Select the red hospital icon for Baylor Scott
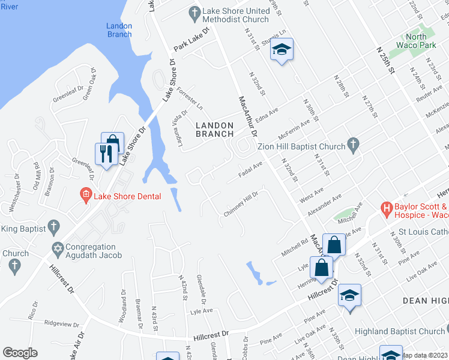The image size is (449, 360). [x=387, y=209]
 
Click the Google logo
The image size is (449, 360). [x=20, y=353]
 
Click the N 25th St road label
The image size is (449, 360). [x=385, y=59]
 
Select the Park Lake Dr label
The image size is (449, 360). [x=191, y=37]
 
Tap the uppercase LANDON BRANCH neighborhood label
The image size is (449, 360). [x=215, y=129]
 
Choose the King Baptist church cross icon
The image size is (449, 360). [x=54, y=227]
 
